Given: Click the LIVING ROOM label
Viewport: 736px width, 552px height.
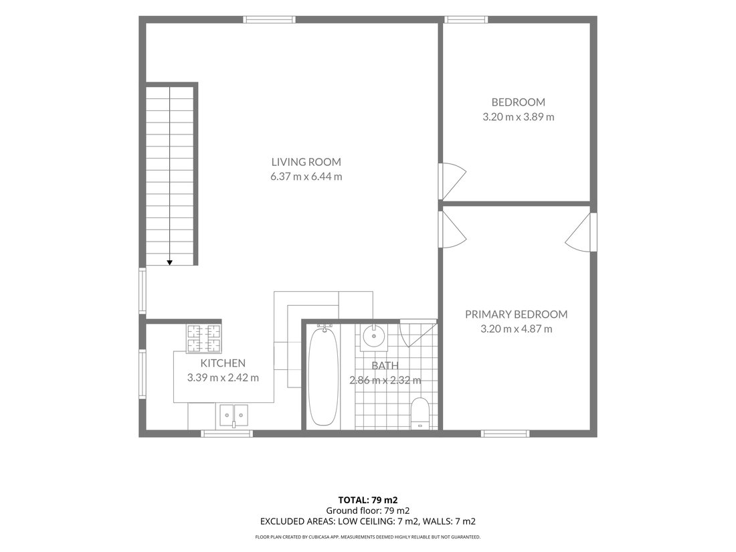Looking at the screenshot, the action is pyautogui.click(x=306, y=162).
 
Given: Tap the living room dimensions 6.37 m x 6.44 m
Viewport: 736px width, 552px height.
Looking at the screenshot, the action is pyautogui.click(x=306, y=177).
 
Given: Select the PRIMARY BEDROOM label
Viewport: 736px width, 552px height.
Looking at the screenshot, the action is pyautogui.click(x=517, y=314).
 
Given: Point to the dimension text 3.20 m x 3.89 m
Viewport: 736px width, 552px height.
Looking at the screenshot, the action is pyautogui.click(x=518, y=117).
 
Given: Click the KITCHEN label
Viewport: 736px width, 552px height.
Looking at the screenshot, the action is pyautogui.click(x=223, y=363).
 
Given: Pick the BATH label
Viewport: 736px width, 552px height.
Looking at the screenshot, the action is pyautogui.click(x=385, y=365).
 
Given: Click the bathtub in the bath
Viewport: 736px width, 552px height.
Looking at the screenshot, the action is pyautogui.click(x=323, y=375).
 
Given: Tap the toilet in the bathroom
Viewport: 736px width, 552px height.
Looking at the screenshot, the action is pyautogui.click(x=420, y=413).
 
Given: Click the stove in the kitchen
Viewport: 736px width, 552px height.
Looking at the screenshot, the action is pyautogui.click(x=203, y=339).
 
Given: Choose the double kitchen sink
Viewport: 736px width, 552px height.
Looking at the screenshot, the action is pyautogui.click(x=234, y=416).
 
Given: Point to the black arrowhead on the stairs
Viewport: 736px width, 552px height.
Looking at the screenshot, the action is pyautogui.click(x=169, y=263).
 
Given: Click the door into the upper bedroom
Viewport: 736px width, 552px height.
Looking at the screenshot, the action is pyautogui.click(x=452, y=181).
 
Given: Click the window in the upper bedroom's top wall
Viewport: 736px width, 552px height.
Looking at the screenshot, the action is pyautogui.click(x=466, y=19).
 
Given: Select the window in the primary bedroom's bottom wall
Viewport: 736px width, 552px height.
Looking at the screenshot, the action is pyautogui.click(x=506, y=434).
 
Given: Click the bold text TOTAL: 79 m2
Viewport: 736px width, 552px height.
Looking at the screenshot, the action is pyautogui.click(x=368, y=500).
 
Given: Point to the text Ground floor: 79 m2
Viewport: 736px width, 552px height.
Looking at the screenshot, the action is pyautogui.click(x=368, y=511).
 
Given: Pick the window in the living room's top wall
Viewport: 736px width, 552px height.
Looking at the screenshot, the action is pyautogui.click(x=270, y=19).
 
